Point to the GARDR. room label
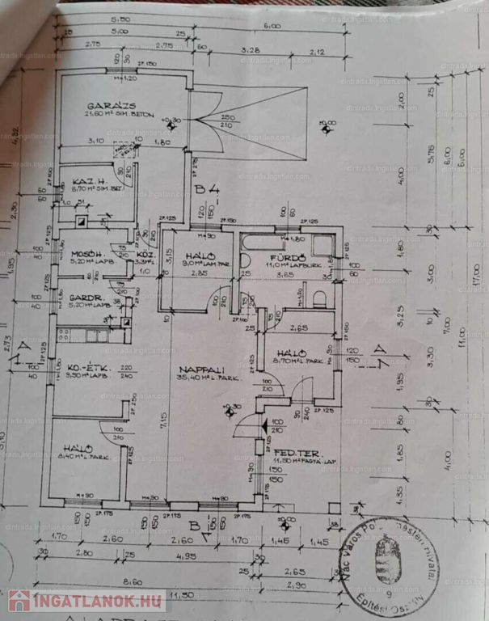(83, 297)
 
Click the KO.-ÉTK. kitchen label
(84, 365)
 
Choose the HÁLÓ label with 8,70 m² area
(290, 354)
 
